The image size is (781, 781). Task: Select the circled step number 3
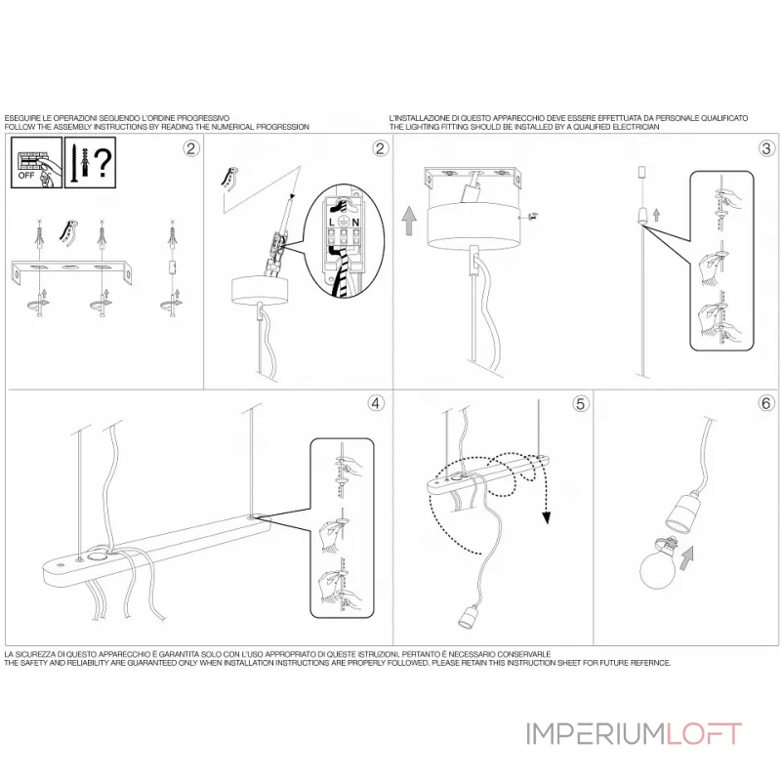(766, 148)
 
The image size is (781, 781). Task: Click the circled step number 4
(376, 402)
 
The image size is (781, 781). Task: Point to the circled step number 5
(580, 402)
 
